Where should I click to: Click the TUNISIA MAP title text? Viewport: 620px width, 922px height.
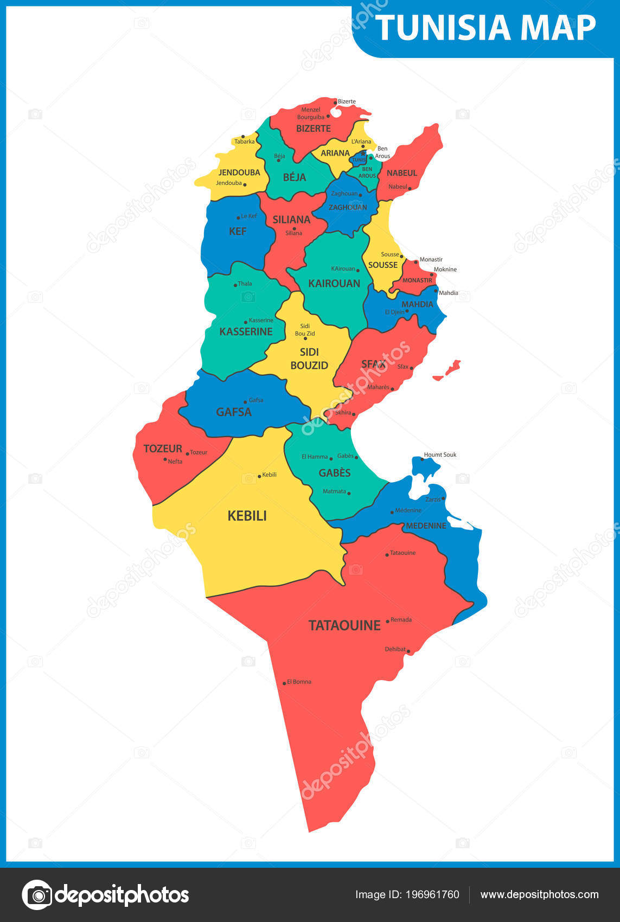coord(485,28)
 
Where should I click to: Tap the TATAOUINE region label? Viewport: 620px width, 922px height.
coord(344,625)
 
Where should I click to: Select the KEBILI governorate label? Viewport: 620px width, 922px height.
coord(247,516)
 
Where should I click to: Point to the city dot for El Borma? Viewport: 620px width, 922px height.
coord(284,683)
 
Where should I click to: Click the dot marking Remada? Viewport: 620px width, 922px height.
coord(387,621)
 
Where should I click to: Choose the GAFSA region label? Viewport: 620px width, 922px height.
coord(234,412)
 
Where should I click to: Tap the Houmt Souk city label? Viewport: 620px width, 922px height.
coord(440,454)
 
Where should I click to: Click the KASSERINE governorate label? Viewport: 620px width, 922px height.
coord(246,331)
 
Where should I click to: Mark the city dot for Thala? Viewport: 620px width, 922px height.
coord(235,285)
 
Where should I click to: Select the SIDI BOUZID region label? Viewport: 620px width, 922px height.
coord(309,358)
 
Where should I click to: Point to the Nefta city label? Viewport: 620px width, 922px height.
coord(175,462)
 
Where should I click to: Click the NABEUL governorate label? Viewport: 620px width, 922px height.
coord(402,173)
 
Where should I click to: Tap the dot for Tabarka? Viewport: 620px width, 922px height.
coord(243,137)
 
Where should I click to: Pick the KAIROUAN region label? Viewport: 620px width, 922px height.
coord(334,283)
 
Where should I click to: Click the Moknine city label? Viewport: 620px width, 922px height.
coord(445,270)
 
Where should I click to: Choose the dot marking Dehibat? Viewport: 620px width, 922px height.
coord(408,651)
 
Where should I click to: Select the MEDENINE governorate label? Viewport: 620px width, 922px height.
coord(426,526)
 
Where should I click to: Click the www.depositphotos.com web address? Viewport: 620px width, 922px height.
coord(539,894)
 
